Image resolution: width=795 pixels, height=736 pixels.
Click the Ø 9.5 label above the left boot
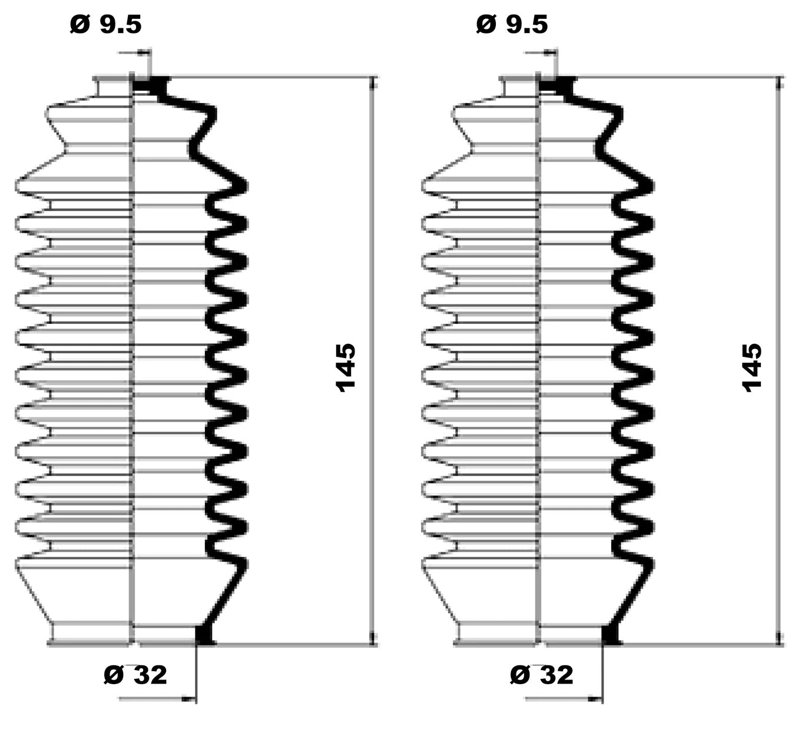pos(105,24)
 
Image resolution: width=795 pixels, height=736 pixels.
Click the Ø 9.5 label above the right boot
pos(512,24)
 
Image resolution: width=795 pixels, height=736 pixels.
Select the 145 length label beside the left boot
pos(346,367)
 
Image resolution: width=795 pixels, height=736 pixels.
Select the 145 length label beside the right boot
pos(752,367)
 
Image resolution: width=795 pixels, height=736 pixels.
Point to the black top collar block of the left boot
pos(151,85)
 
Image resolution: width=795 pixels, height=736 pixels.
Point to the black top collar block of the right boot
pos(558,85)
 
